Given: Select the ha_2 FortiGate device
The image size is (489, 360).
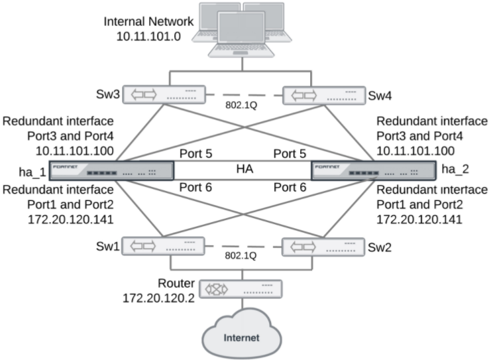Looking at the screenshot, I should click(x=373, y=170).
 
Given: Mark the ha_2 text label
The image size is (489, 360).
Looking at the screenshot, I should click(x=456, y=168).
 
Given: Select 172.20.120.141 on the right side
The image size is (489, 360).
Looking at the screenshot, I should click(x=424, y=217).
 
